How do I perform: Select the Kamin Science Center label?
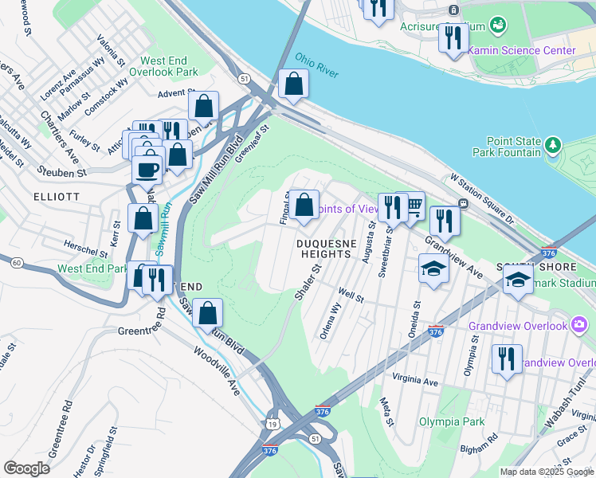pyautogui.click(x=532, y=50)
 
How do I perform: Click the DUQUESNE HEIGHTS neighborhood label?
pyautogui.click(x=325, y=248)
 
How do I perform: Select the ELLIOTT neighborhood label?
pyautogui.click(x=57, y=195)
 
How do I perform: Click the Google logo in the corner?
pyautogui.click(x=27, y=468)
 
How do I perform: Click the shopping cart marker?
pyautogui.click(x=413, y=206)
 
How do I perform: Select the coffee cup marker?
pyautogui.click(x=147, y=168)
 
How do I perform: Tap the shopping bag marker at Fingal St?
pyautogui.click(x=304, y=206)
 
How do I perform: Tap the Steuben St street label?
pyautogui.click(x=61, y=170)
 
